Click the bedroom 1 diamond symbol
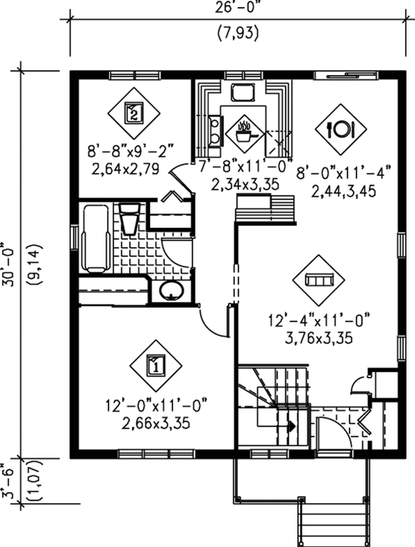click(156, 365)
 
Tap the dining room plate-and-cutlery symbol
click(340, 129)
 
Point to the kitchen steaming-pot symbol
click(243, 131)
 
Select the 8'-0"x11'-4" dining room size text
click(344, 173)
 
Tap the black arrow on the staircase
click(292, 426)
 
